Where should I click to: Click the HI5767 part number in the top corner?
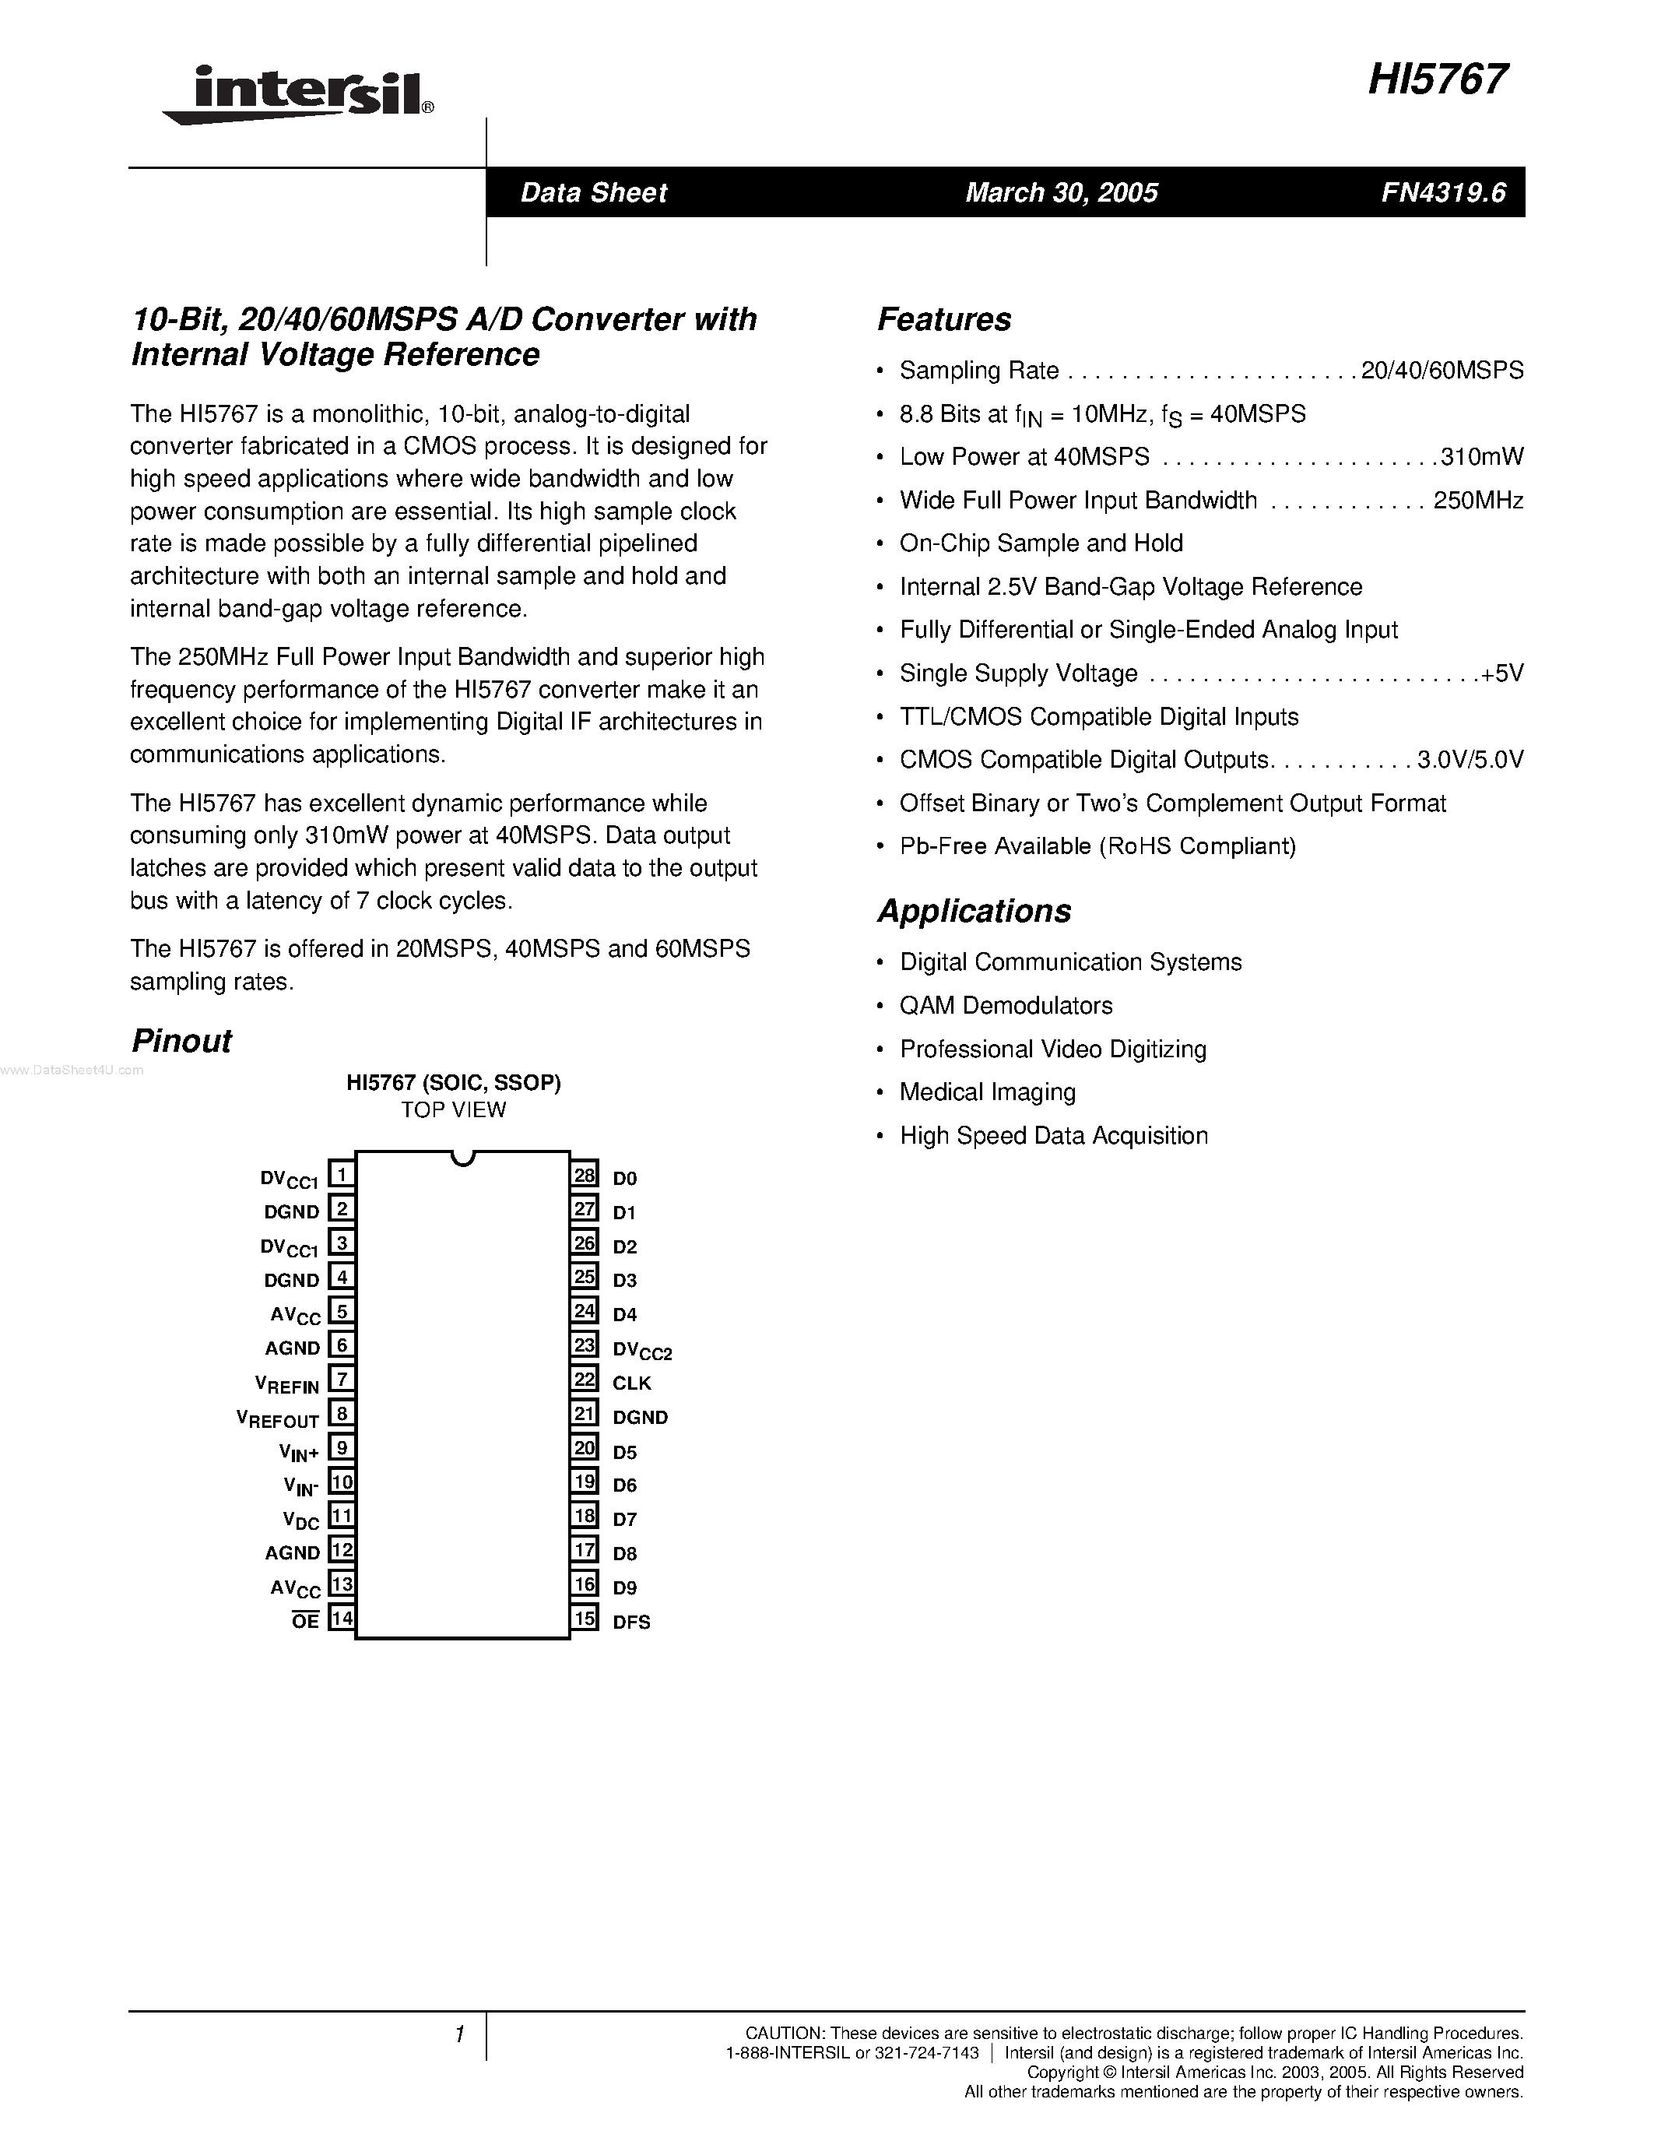point(1438,79)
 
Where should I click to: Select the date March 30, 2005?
point(1061,192)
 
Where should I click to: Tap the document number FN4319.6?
point(1443,192)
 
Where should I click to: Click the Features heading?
point(943,319)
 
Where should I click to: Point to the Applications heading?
point(974,911)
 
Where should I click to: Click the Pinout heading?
point(181,1041)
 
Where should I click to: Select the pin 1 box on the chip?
point(341,1174)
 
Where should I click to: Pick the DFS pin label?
point(632,1622)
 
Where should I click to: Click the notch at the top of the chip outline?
point(462,1158)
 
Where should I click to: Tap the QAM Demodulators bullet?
point(1006,1006)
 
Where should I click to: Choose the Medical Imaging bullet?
point(987,1092)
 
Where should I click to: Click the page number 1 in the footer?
point(458,2035)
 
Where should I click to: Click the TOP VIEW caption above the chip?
point(453,1109)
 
